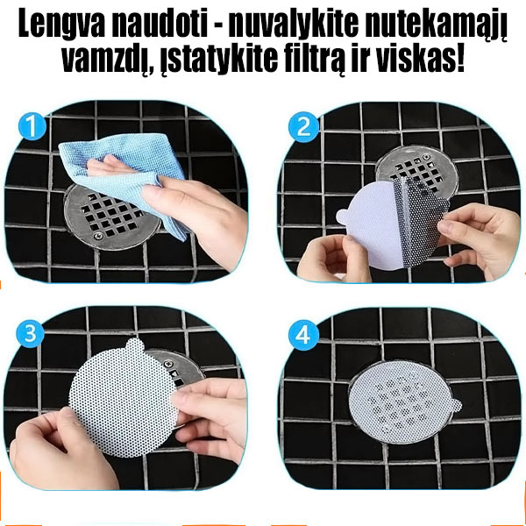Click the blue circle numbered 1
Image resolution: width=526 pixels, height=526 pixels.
pyautogui.click(x=31, y=127)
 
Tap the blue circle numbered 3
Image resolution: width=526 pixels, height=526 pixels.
pyautogui.click(x=31, y=334)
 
